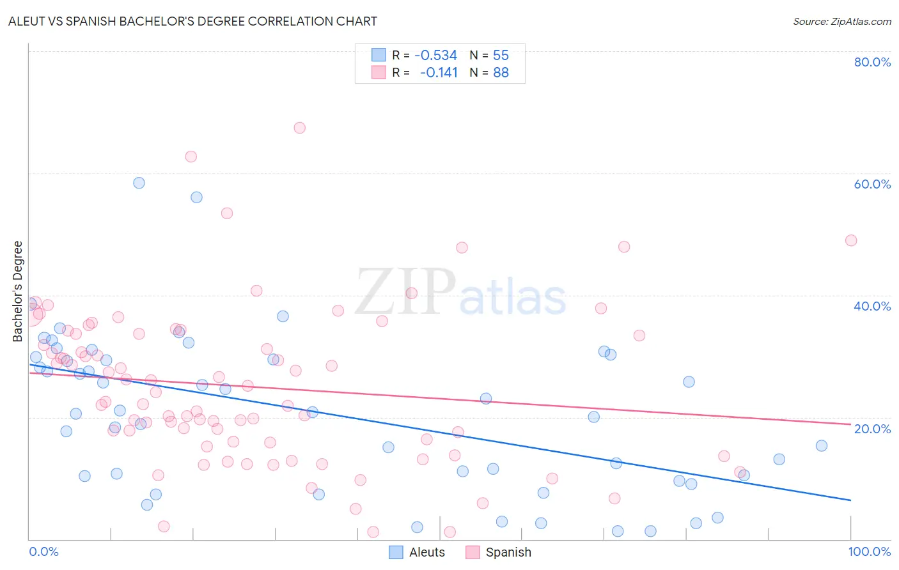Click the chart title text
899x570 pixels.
point(192,21)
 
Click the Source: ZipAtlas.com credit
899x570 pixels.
point(841,21)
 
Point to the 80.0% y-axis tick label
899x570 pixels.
point(872,62)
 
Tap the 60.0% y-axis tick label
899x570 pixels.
point(872,184)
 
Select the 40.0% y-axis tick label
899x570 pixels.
point(872,306)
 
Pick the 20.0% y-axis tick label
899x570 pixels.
point(872,429)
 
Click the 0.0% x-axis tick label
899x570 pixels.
point(43,551)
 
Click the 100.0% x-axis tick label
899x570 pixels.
point(869,551)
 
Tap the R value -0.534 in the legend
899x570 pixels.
point(435,55)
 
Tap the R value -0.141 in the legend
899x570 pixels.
point(439,72)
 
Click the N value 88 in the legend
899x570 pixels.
point(501,72)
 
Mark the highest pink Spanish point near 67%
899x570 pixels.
point(299,128)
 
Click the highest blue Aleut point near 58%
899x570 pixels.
point(139,183)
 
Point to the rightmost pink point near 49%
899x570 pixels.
point(850,240)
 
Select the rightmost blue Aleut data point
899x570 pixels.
point(822,445)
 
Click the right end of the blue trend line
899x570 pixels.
point(850,500)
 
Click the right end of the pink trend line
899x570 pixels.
point(850,424)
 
